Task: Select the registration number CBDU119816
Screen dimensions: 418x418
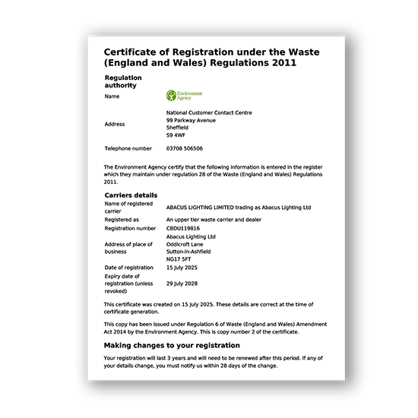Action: pos(183,228)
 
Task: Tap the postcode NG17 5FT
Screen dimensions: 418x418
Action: pos(179,259)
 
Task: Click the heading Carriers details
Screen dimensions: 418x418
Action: pos(131,195)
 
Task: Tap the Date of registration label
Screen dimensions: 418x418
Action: pos(129,268)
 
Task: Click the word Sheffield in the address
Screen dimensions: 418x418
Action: pos(177,128)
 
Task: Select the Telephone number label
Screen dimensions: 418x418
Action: pos(128,148)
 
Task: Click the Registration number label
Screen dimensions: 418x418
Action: pos(130,228)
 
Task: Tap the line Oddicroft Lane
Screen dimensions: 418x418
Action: pos(179,244)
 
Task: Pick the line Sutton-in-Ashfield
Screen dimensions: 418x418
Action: pos(188,252)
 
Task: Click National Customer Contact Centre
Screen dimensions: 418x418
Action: pos(209,112)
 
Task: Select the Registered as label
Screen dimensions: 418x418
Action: pos(122,219)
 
